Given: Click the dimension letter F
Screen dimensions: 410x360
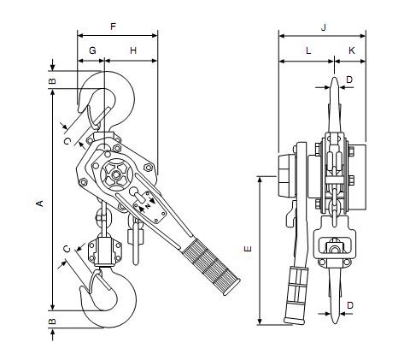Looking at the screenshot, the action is tap(114, 27).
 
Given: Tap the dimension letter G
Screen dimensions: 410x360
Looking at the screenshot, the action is tap(92, 50).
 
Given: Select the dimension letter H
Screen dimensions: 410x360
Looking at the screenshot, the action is tap(133, 50).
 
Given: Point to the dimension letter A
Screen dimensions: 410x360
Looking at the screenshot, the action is tap(40, 204).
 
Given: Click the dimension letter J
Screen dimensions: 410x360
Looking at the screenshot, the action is tap(323, 27).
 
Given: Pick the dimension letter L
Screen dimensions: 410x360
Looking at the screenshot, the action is tap(308, 51).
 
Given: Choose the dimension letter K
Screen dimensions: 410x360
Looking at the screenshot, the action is tap(352, 50).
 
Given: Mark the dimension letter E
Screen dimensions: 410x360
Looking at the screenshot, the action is tap(249, 249).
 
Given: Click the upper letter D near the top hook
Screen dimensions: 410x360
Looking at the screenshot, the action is tap(349, 80).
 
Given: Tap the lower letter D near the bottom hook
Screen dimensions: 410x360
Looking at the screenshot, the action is tap(350, 305).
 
